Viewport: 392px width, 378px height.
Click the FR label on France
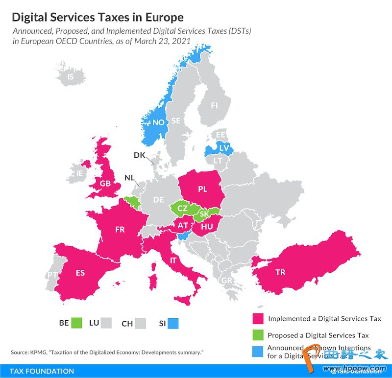[x=120, y=229]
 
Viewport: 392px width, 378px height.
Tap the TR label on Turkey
[x=280, y=272]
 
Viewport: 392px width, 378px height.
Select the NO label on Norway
[x=158, y=122]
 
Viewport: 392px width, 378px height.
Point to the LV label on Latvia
[x=224, y=147]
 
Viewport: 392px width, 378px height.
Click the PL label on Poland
[x=203, y=188]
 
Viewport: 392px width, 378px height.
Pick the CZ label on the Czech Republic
[x=182, y=208]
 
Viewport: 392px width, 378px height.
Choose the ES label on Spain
[x=80, y=273]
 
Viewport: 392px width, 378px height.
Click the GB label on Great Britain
[x=105, y=184]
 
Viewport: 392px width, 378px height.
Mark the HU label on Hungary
[x=206, y=226]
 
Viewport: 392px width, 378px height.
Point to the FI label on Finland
[x=214, y=105]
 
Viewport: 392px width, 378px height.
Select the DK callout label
[x=139, y=155]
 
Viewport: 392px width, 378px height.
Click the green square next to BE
[x=76, y=323]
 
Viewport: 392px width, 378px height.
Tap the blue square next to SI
[x=172, y=323]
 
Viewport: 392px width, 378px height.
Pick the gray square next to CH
[x=141, y=323]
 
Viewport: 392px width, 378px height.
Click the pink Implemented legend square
[x=258, y=318]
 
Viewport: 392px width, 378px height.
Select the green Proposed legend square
[x=258, y=335]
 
